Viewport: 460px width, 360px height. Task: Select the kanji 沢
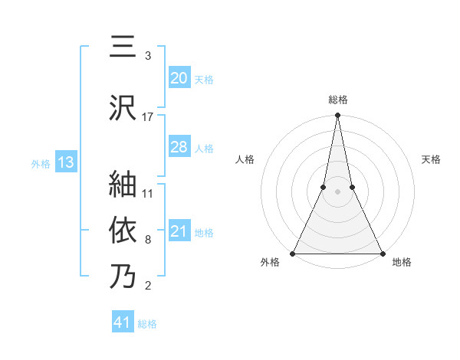pos(123,108)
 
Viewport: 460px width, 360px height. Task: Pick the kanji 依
pos(123,230)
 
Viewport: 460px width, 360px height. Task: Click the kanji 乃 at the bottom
pos(123,276)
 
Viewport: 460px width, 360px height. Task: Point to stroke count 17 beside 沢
pos(148,117)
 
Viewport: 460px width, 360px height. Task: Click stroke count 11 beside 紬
pos(148,193)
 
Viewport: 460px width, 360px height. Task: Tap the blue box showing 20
pos(179,78)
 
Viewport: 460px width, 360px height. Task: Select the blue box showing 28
pos(179,147)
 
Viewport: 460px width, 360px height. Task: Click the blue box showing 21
pos(179,231)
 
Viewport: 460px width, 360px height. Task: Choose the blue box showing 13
pos(65,162)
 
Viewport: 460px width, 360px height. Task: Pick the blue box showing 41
pos(122,322)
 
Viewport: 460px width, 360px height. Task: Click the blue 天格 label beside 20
pos(204,79)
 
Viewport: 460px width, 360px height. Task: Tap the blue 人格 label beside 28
pos(204,148)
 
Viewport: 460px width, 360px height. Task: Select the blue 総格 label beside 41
pos(147,323)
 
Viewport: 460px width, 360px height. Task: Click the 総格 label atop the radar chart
pos(337,100)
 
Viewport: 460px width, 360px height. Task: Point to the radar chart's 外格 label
pos(271,263)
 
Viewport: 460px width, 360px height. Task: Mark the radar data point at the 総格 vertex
pos(337,116)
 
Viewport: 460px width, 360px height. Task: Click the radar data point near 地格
pos(382,253)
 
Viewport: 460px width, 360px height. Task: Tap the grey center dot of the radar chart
pos(337,191)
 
